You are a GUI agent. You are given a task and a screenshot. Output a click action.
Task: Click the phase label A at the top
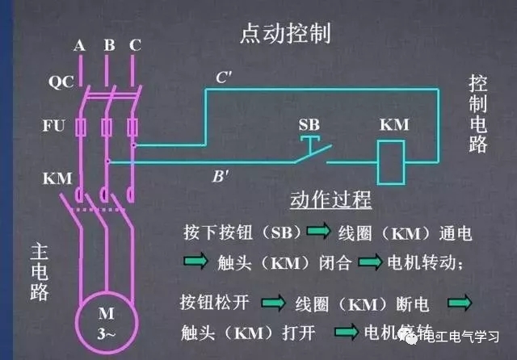click(80, 45)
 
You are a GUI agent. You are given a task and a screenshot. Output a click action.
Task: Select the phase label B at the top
click(108, 45)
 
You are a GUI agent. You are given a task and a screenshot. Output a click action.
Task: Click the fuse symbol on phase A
click(80, 127)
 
